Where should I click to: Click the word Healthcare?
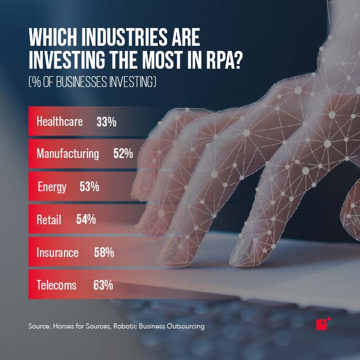(x=60, y=121)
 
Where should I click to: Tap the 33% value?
(x=106, y=121)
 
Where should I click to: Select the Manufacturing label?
(x=68, y=154)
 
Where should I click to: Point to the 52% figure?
(x=123, y=154)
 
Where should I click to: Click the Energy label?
(x=52, y=187)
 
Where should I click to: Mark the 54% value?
(x=86, y=220)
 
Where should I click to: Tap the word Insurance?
(x=57, y=252)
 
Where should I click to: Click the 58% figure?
(x=104, y=252)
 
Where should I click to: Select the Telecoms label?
(x=56, y=285)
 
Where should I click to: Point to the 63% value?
(x=103, y=285)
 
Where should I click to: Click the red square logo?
(x=322, y=324)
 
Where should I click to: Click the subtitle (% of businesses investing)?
(x=92, y=83)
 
